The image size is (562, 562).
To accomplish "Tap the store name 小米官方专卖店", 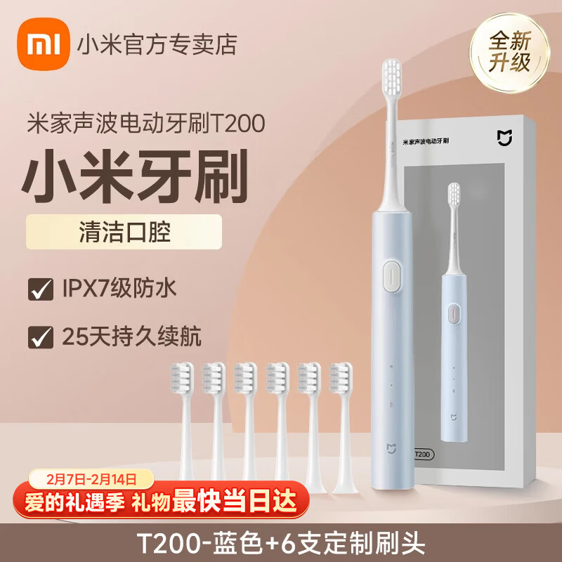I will (x=166, y=45).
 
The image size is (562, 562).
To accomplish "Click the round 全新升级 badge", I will (x=510, y=51).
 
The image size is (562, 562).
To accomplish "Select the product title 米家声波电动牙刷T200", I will (x=146, y=122).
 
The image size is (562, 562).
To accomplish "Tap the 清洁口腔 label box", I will (x=124, y=232).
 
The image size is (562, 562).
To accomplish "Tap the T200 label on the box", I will (x=421, y=455).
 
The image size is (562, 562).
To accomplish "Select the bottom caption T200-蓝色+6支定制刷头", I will (x=281, y=544).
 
